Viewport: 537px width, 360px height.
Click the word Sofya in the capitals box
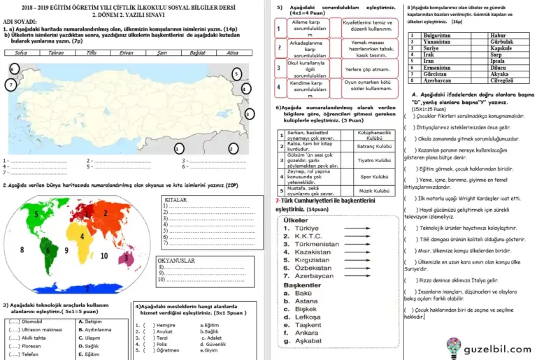[x=21, y=52]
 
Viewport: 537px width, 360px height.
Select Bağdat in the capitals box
[x=196, y=52]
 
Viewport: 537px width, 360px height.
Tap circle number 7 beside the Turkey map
[x=10, y=85]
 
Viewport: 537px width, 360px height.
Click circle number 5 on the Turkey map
[x=236, y=73]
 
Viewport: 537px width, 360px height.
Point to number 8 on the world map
[x=22, y=248]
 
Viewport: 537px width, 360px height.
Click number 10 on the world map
[x=105, y=256]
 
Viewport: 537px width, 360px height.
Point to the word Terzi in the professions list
[x=164, y=338]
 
